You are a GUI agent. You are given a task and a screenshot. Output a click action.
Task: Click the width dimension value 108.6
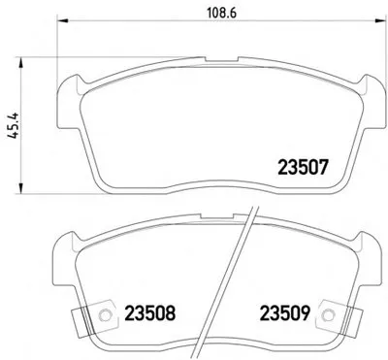click(x=222, y=13)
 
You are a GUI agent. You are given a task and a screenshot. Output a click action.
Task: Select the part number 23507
click(x=304, y=168)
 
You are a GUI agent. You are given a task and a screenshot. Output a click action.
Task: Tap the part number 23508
click(x=149, y=313)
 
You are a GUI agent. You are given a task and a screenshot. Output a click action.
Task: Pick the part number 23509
click(x=285, y=313)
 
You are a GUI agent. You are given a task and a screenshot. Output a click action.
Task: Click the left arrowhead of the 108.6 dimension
click(x=63, y=21)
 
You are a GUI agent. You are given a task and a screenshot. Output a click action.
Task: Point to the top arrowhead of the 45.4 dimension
click(x=21, y=63)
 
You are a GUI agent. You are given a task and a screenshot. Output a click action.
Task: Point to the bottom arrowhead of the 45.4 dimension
click(x=21, y=188)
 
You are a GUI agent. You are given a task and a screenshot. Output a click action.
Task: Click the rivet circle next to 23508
click(x=104, y=313)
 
